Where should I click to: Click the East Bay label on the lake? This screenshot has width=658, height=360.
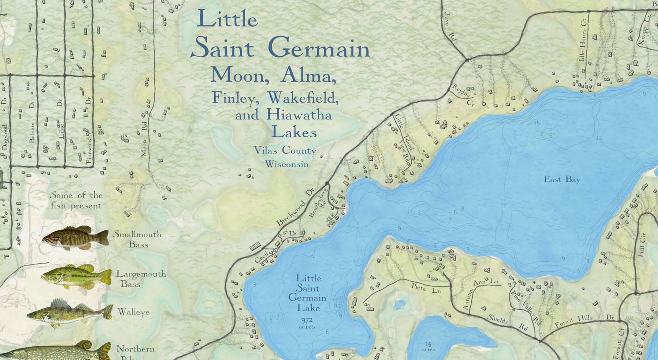point(562,179)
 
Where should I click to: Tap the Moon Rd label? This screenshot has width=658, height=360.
point(144,142)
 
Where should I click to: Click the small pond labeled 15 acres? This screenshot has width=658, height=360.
point(428,346)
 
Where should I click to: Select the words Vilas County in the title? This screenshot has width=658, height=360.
point(285,151)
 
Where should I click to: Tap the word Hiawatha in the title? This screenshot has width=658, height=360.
point(299,115)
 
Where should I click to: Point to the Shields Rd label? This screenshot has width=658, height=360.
point(507,323)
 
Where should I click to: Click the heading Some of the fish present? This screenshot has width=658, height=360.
point(76,200)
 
